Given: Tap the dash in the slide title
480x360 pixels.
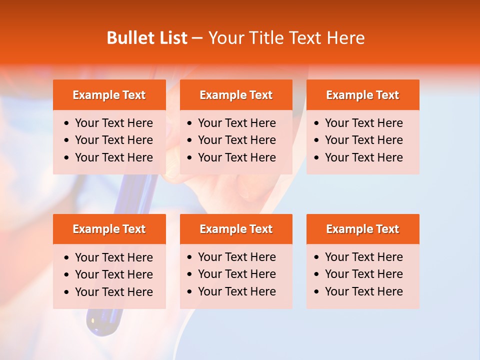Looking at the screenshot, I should pos(197,38).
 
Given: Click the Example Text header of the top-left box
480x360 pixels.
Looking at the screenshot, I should pos(109,95).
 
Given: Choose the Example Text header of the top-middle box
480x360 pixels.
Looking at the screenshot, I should pos(236,95).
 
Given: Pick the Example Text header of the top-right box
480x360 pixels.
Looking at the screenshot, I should pos(362,95).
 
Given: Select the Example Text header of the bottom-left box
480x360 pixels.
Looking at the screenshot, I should pos(109,229).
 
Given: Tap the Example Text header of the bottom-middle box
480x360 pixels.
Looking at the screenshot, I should pos(236,229).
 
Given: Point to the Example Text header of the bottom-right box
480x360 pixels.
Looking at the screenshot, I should pos(362,229).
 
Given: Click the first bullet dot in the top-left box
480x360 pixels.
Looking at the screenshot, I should pos(67,123).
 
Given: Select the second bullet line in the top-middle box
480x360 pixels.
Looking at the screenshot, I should pos(236,140).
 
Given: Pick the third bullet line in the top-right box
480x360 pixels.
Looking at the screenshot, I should pos(363,157).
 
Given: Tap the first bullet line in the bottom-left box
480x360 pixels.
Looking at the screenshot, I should pos(113,257).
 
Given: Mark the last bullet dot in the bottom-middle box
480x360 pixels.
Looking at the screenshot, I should pos(189,291).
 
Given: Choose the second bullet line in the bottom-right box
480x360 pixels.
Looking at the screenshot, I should pos(363,274).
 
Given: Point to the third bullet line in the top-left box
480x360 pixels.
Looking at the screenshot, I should pos(113,157).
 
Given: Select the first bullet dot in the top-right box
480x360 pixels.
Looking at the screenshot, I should pos(317,123).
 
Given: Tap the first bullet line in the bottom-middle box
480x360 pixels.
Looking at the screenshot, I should pos(236,257).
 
